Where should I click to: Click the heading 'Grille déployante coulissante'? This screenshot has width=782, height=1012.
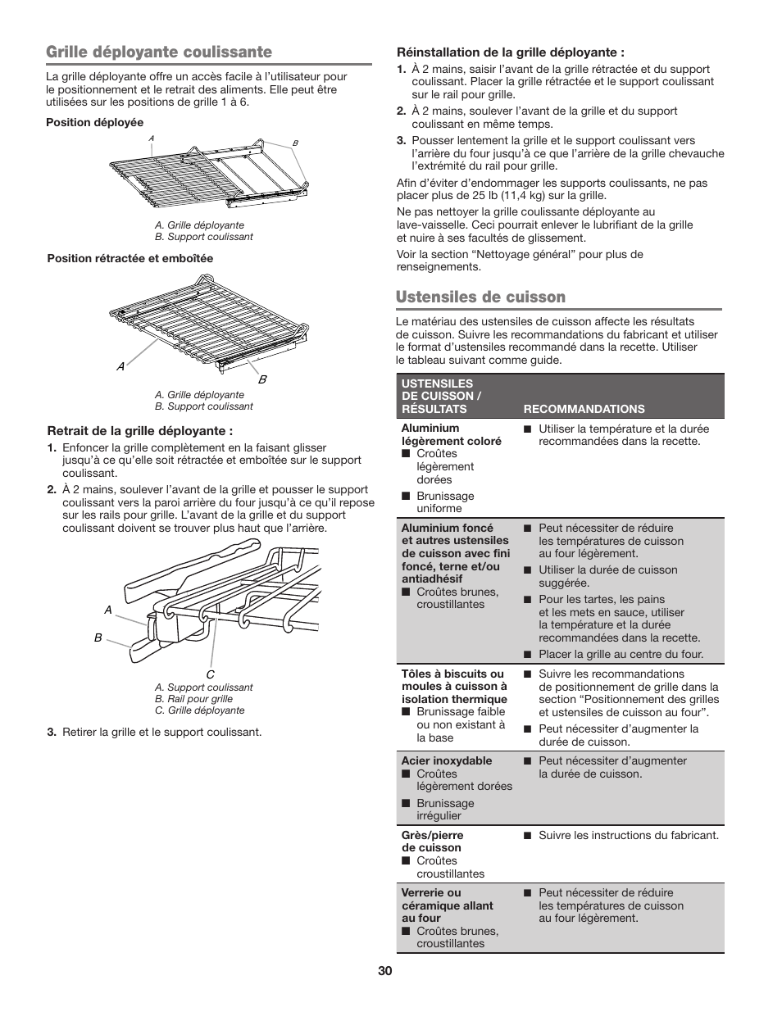click(x=159, y=52)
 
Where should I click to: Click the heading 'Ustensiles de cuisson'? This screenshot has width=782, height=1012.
click(x=480, y=297)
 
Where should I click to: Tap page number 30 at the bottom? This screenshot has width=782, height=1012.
click(x=385, y=971)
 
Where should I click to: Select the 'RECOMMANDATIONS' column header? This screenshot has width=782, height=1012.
click(x=584, y=409)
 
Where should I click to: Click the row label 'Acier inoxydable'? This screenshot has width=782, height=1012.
click(x=447, y=760)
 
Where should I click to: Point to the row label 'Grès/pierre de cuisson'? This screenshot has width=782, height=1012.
click(x=432, y=842)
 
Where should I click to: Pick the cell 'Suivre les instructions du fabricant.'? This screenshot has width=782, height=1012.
click(x=628, y=835)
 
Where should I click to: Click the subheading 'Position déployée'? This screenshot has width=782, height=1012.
click(x=95, y=123)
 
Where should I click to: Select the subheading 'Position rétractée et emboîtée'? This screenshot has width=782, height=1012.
click(x=130, y=259)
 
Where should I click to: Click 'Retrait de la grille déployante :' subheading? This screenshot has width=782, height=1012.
click(x=140, y=431)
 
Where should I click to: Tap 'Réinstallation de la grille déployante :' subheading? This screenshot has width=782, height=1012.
click(x=505, y=52)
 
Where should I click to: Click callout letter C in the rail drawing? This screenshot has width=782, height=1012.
click(x=210, y=674)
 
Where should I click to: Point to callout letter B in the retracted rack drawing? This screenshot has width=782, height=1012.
click(x=263, y=380)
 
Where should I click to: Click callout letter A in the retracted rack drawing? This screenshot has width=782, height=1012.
click(x=120, y=367)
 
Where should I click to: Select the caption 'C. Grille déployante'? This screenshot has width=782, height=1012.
click(x=199, y=710)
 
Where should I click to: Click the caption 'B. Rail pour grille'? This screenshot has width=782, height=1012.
click(x=193, y=699)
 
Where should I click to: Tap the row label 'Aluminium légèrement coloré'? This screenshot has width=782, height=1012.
click(x=451, y=434)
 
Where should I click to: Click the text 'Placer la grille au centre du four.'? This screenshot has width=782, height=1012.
click(x=621, y=654)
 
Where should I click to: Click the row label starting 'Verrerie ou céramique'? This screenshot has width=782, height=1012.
click(x=447, y=905)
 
